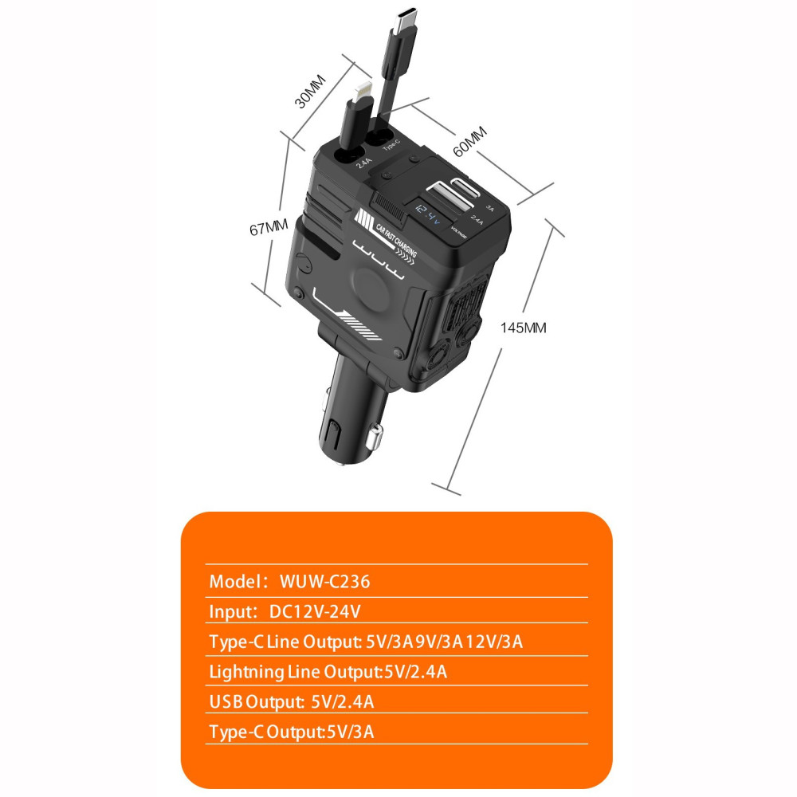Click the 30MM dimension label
(x=310, y=92)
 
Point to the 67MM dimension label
(x=269, y=226)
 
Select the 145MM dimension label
(x=523, y=328)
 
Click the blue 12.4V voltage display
(x=428, y=214)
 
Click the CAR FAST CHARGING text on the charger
(x=396, y=240)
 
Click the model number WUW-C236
(x=325, y=582)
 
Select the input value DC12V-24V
(x=315, y=611)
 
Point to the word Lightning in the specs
(x=246, y=673)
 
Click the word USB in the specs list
(x=226, y=702)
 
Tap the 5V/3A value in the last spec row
(x=350, y=732)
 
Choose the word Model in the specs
(x=235, y=582)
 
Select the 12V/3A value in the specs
(x=495, y=642)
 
